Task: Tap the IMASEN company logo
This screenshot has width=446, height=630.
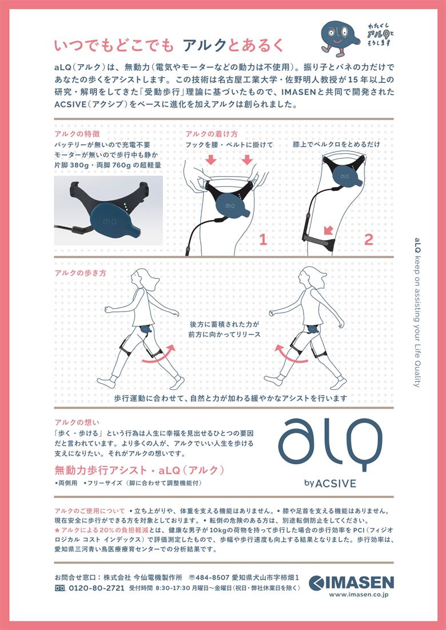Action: pos(352,583)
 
